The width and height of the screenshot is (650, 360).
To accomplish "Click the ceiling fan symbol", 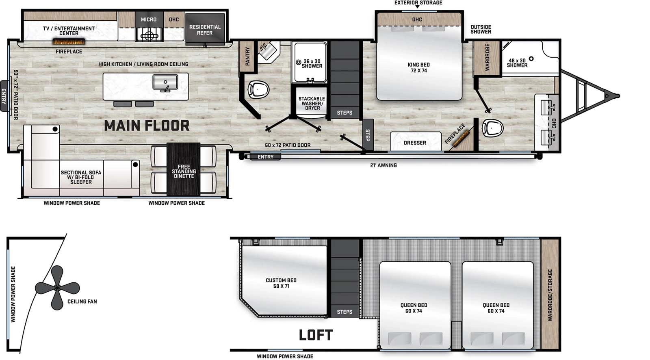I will tap(57, 288).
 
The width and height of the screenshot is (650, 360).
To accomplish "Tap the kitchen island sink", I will tap(165, 82).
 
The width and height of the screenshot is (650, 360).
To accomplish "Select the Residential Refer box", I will tap(205, 30).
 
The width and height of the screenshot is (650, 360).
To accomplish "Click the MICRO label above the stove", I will tap(149, 20).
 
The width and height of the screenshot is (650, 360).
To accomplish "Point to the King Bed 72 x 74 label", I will tap(419, 67).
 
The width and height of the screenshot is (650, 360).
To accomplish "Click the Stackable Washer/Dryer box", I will tap(312, 103).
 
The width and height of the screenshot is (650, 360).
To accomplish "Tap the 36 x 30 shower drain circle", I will tap(299, 63).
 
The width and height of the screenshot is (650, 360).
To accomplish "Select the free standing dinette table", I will tap(183, 169).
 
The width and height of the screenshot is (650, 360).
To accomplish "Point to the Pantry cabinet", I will tap(247, 56).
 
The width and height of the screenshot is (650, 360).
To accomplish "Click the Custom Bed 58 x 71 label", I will tap(281, 283).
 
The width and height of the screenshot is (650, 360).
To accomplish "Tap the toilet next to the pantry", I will tap(258, 89).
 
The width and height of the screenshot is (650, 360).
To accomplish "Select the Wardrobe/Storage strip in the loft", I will tap(550, 295).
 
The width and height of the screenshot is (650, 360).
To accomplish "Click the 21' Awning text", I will tap(383, 165).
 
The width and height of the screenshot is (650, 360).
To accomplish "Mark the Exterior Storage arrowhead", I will tap(417, 7).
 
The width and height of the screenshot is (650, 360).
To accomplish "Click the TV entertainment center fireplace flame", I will tap(69, 42).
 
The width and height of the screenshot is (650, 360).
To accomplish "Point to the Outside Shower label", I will tap(481, 29).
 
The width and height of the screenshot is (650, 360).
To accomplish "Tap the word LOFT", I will tap(316, 335).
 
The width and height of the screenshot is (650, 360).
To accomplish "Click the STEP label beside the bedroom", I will tap(367, 135).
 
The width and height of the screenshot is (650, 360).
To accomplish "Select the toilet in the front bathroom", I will tap(493, 128).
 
